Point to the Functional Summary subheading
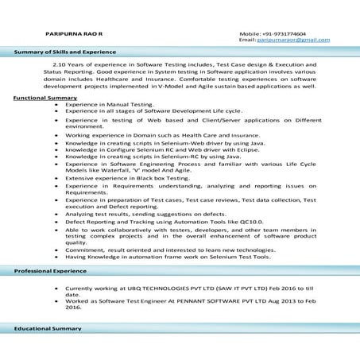point(46,98)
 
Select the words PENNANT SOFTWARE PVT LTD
point(214,301)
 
